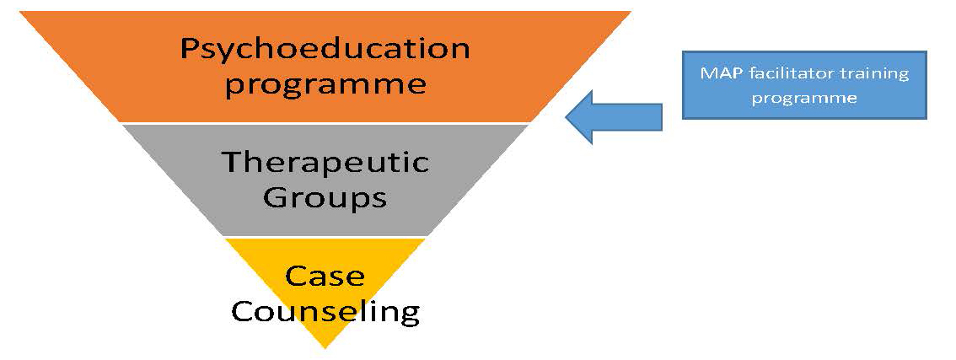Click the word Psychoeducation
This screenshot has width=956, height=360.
325,50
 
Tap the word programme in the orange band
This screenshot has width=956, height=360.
325,84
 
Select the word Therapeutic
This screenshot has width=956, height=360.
325,163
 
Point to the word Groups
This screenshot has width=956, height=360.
325,199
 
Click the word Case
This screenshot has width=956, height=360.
325,277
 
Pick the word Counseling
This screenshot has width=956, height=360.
325,312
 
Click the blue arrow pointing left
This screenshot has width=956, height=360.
614,117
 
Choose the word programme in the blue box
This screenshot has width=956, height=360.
804,99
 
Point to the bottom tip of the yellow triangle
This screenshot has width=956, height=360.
325,348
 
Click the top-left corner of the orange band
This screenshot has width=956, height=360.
19,12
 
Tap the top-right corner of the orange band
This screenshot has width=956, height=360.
631,12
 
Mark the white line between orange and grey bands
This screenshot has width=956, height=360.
325,123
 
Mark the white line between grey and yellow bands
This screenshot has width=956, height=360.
325,237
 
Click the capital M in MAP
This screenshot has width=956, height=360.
706,74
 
